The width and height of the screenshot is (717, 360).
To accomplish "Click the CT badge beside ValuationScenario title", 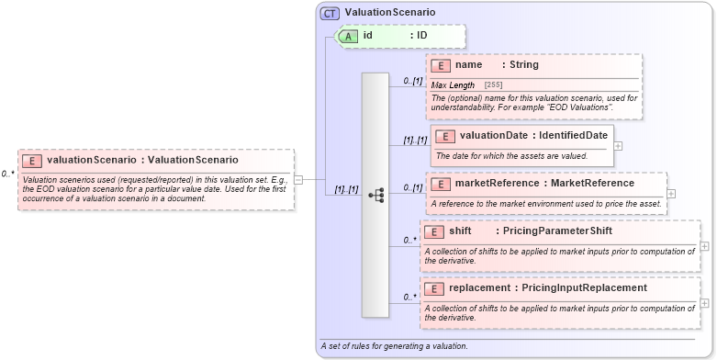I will coord(330,13).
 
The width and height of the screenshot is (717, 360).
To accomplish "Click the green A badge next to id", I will coord(349,36).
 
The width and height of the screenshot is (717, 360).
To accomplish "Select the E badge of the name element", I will coord(441,65).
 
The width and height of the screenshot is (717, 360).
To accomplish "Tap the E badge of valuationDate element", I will coord(445,136).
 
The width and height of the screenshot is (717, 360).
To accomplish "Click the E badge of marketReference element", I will coord(441,183).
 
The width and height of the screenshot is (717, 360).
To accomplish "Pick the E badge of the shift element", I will coord(435,231).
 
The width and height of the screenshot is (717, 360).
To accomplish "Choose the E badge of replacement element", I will coord(435,288).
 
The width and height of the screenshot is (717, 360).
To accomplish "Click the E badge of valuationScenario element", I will coord(32,160).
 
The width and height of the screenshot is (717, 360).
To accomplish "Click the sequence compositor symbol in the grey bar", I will coord(375,195).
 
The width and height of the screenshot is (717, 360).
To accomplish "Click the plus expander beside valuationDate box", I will coord(618,145).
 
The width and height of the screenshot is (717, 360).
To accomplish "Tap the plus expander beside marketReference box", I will coord(671,194).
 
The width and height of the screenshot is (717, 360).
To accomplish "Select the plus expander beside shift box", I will coord(704,245).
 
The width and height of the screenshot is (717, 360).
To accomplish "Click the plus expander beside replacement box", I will coord(704,302).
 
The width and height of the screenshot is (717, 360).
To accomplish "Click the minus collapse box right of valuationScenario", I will coord(298,179).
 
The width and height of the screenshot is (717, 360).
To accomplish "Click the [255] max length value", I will coord(493,84).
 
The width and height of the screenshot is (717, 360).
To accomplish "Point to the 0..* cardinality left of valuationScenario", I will coord(7,173).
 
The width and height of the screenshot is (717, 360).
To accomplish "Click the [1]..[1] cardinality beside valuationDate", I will coord(415,141).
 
